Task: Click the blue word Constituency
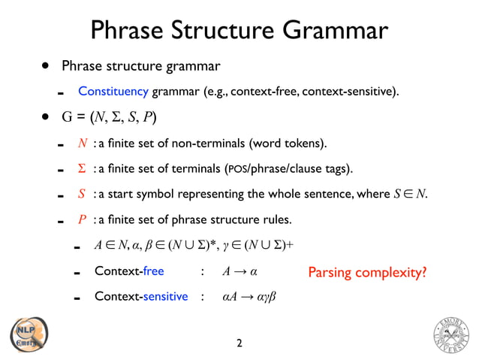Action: pyautogui.click(x=113, y=92)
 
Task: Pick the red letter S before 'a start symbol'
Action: pyautogui.click(x=83, y=194)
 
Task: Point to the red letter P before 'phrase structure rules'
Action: pyautogui.click(x=83, y=220)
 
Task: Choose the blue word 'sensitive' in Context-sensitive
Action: pyautogui.click(x=165, y=296)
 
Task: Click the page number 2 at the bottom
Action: pyautogui.click(x=239, y=344)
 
